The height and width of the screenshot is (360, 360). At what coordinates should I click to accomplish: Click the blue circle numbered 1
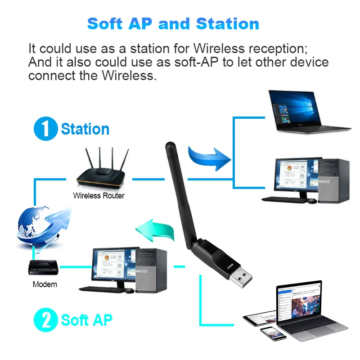(46, 129)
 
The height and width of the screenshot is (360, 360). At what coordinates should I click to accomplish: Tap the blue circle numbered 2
(46, 320)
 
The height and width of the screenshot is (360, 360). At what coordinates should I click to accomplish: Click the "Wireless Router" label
(99, 196)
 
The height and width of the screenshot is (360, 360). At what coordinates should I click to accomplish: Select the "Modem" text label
(45, 284)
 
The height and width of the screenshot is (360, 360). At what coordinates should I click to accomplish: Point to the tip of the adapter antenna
(170, 146)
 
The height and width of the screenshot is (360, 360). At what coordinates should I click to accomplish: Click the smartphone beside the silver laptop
(273, 333)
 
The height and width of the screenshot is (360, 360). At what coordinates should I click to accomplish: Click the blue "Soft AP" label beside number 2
(86, 320)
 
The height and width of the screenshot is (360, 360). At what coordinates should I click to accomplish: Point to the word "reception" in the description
(273, 48)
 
